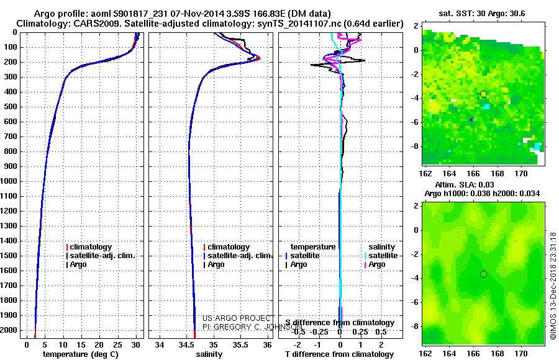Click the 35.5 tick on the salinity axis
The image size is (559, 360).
tap(240, 344)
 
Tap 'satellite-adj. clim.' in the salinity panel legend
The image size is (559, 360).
tap(240, 256)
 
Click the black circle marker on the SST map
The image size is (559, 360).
tap(483, 94)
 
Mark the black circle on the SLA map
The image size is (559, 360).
tap(483, 274)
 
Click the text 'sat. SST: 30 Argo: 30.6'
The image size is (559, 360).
tap(483, 13)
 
